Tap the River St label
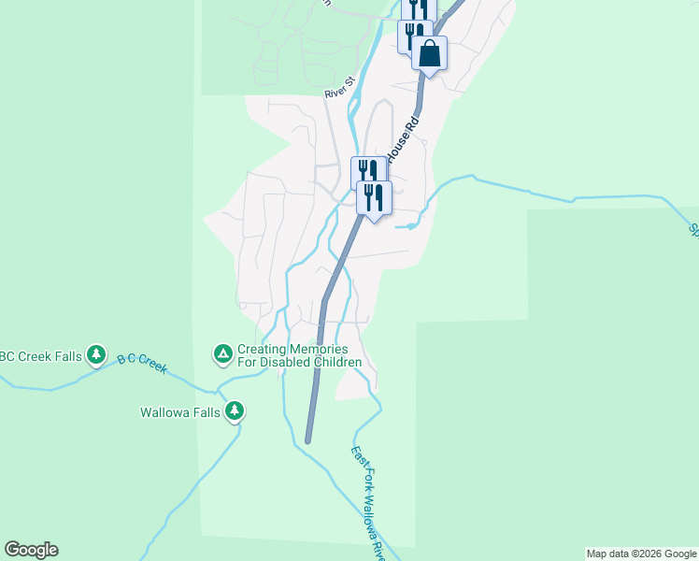(x=341, y=89)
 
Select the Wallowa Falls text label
(x=179, y=411)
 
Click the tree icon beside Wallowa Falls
(x=235, y=410)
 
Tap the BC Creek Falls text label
(x=39, y=355)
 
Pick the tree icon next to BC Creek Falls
(x=95, y=354)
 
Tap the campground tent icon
(x=222, y=353)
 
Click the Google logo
(x=31, y=550)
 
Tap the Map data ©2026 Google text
(x=641, y=554)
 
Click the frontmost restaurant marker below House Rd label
(x=374, y=197)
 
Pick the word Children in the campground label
(x=335, y=362)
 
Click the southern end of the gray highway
(x=307, y=439)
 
